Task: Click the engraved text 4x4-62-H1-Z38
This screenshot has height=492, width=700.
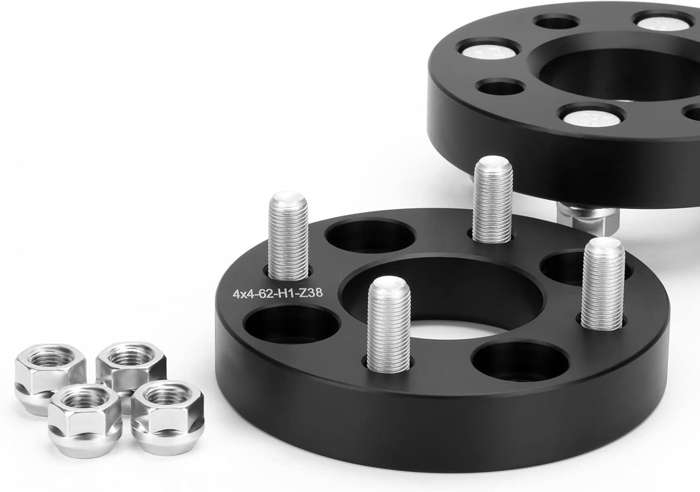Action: click(x=279, y=294)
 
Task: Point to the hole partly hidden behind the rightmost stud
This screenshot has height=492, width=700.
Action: click(x=565, y=264)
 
